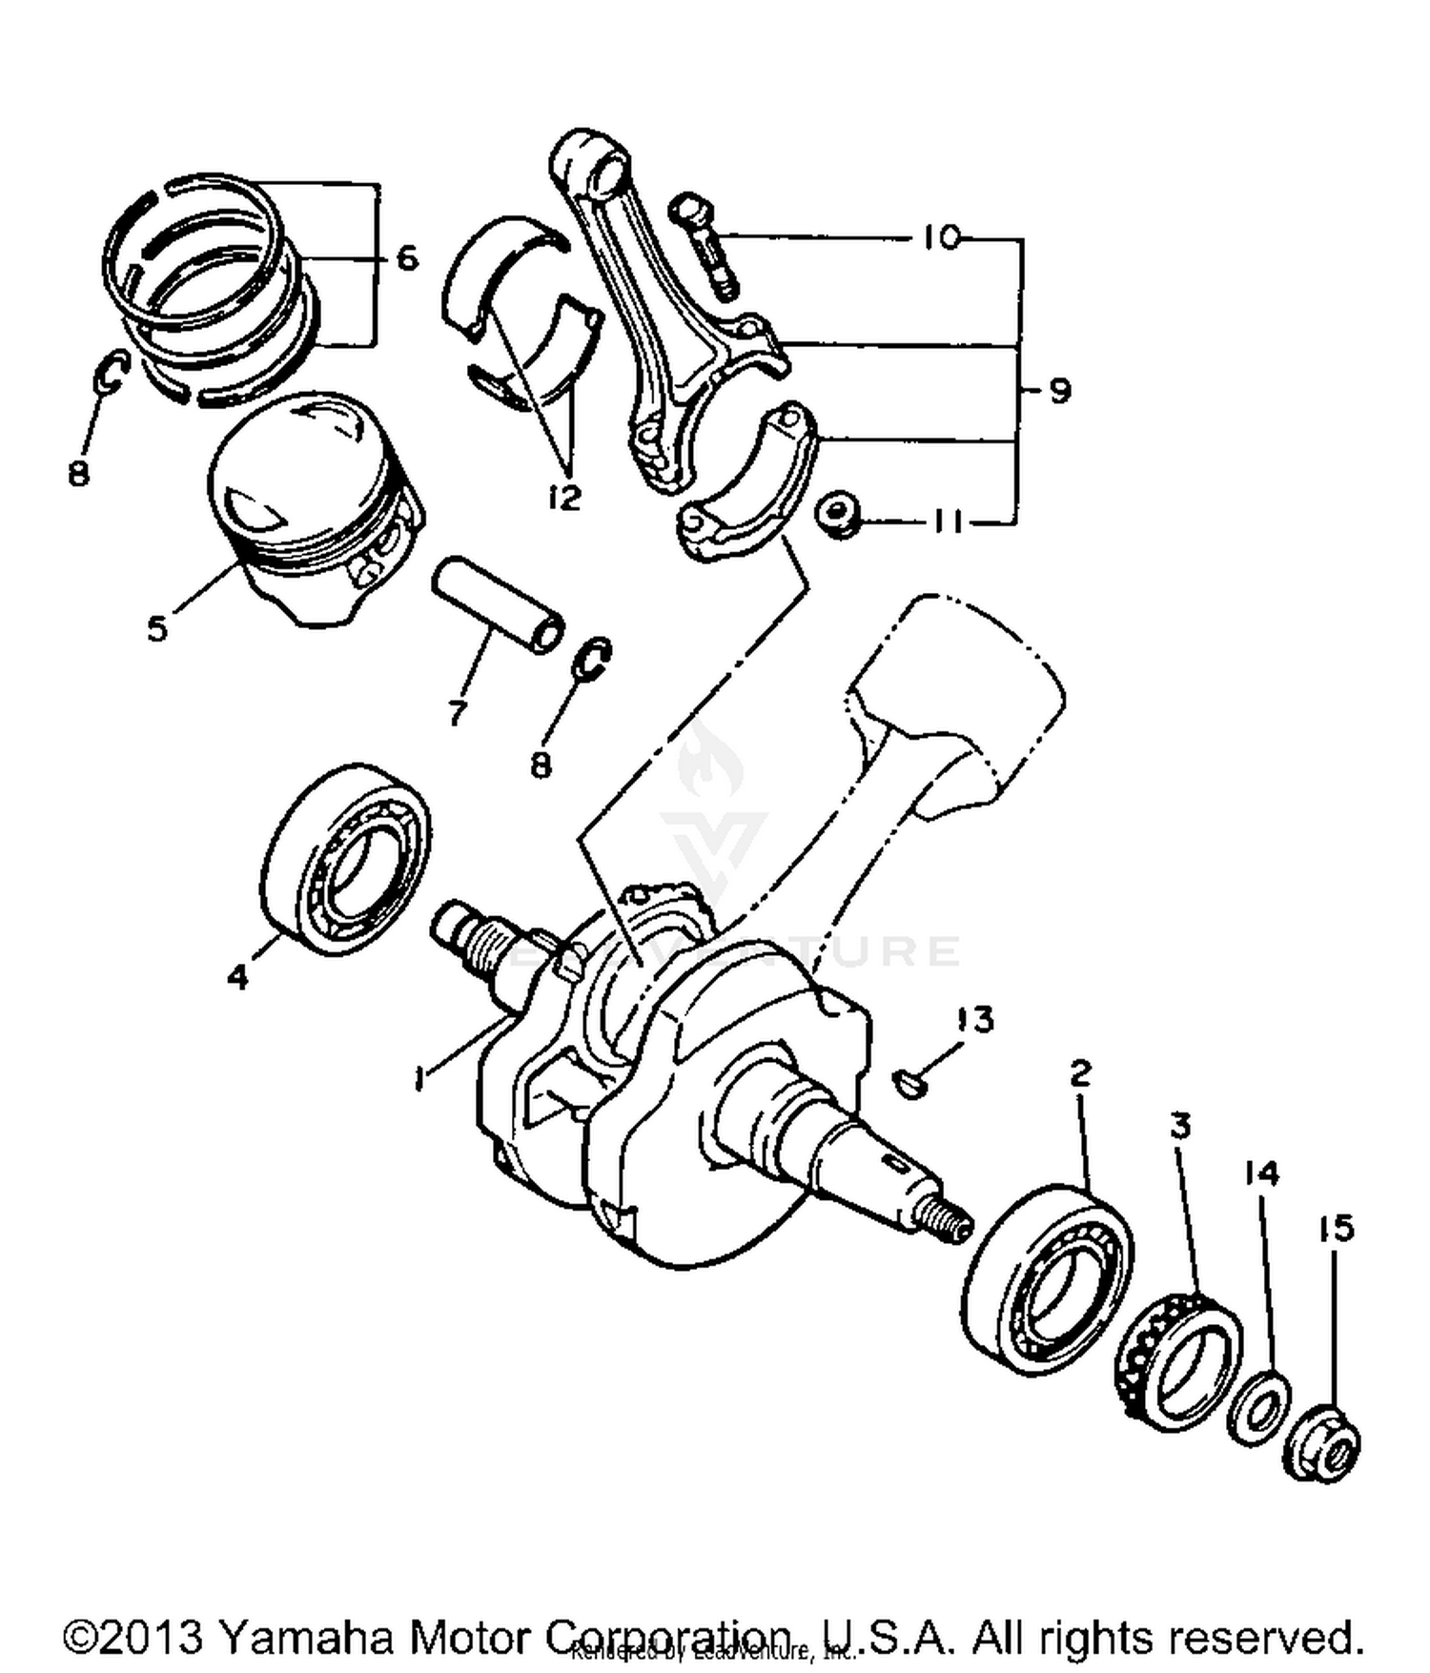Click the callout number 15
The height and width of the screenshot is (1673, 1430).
tap(1336, 1229)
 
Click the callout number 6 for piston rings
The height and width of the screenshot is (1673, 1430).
tap(407, 257)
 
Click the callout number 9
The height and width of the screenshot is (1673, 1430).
tap(1058, 391)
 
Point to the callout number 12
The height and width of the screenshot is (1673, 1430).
tap(564, 497)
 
